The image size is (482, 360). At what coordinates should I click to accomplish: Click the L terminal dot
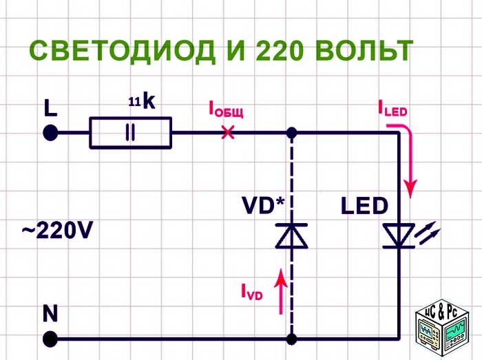click(x=50, y=132)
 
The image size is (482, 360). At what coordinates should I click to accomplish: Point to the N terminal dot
click(x=50, y=339)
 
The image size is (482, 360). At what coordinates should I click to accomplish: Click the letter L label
click(x=50, y=108)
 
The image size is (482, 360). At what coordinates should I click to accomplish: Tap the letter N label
click(x=50, y=314)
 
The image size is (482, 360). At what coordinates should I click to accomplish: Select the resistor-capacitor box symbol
click(x=130, y=132)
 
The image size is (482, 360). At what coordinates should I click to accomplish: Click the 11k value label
click(x=143, y=103)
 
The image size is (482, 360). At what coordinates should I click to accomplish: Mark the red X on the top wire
click(x=227, y=132)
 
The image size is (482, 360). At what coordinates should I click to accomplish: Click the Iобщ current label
click(x=226, y=109)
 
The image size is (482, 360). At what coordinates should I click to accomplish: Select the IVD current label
click(x=251, y=293)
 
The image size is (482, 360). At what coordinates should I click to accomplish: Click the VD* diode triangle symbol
click(x=292, y=236)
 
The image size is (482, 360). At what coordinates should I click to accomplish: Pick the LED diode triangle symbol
click(x=399, y=236)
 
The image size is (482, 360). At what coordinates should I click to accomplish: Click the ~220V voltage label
click(x=56, y=231)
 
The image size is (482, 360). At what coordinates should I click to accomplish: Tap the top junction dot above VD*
click(x=292, y=132)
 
